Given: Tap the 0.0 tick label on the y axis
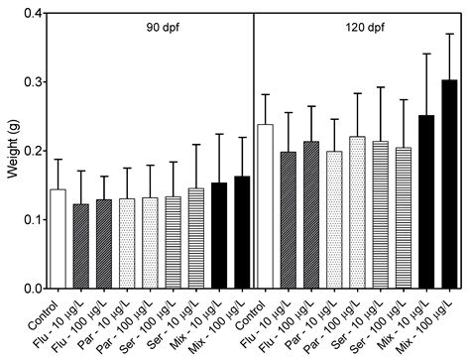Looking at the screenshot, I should pyautogui.click(x=31, y=289).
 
